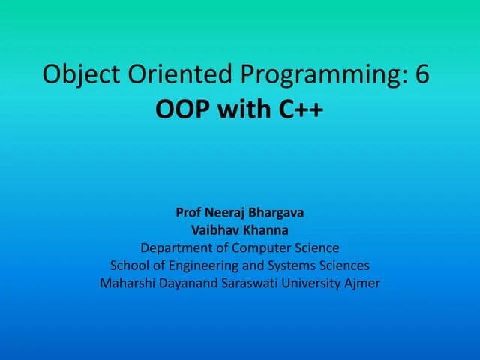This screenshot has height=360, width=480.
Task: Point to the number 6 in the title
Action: tap(421, 76)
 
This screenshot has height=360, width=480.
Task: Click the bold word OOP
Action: tap(183, 109)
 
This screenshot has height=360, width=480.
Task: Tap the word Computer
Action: tap(260, 248)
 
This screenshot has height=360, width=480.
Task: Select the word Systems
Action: tap(297, 266)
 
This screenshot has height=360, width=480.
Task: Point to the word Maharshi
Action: tap(127, 283)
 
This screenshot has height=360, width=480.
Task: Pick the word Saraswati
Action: tap(248, 283)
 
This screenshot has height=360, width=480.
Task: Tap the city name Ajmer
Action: tap(363, 284)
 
